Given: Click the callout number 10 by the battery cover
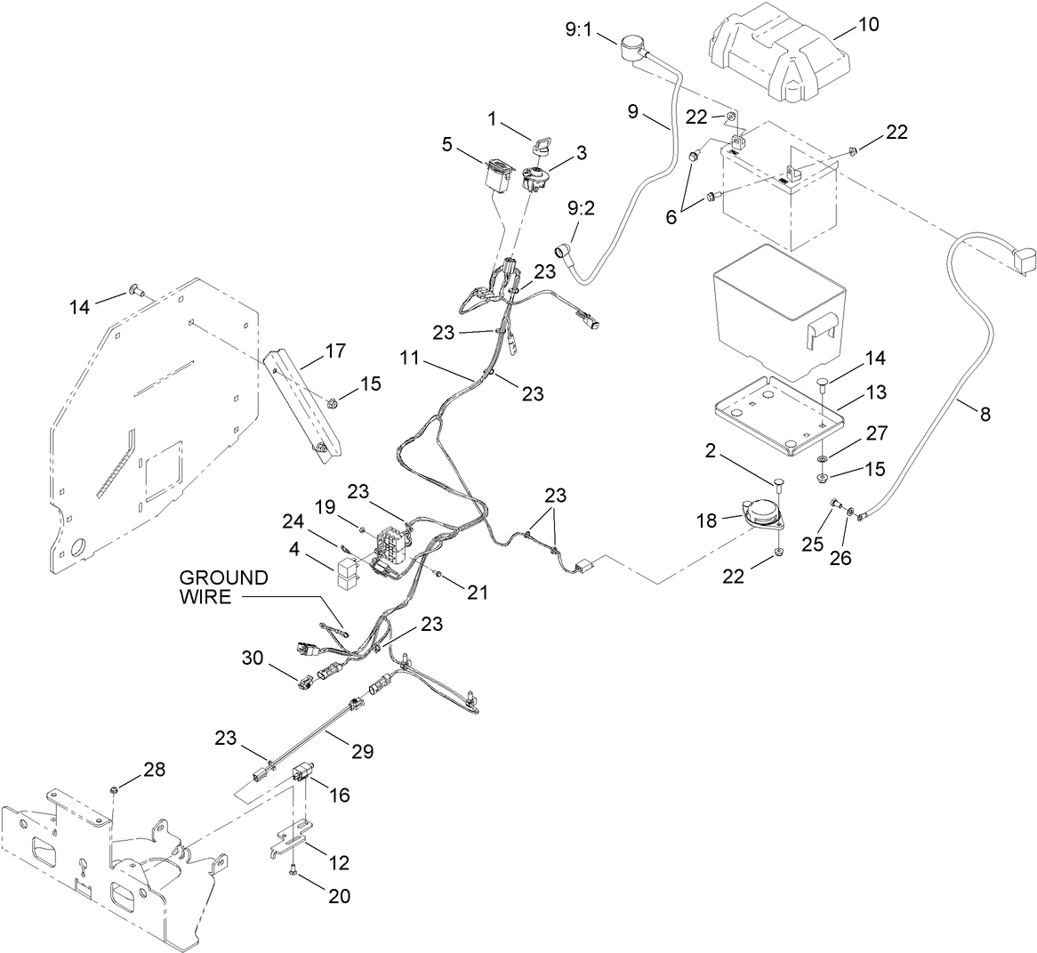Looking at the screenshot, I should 867,25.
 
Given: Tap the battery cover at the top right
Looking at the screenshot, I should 776,52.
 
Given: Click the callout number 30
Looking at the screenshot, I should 252,658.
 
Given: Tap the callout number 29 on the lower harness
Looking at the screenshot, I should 362,751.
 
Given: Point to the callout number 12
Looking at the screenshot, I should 338,862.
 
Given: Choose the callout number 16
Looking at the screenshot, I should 341,794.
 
